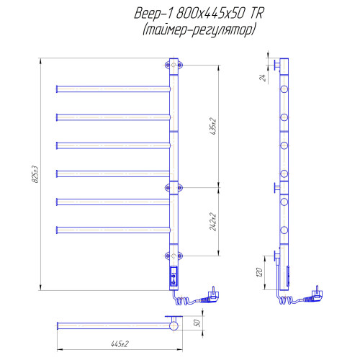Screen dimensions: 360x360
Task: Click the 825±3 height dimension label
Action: (x=35, y=174)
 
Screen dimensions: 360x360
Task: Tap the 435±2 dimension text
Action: (x=213, y=126)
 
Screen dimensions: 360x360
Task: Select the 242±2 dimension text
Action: (x=213, y=222)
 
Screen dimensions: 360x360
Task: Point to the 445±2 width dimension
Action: (x=120, y=344)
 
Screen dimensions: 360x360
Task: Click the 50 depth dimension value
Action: (x=197, y=323)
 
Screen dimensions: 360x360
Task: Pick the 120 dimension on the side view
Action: (x=259, y=272)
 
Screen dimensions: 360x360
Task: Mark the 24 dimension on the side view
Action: (x=263, y=78)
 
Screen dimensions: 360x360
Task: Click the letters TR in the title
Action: (x=257, y=14)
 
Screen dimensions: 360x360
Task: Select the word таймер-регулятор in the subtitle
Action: (x=199, y=30)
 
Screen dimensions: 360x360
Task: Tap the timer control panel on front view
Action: (x=174, y=276)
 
